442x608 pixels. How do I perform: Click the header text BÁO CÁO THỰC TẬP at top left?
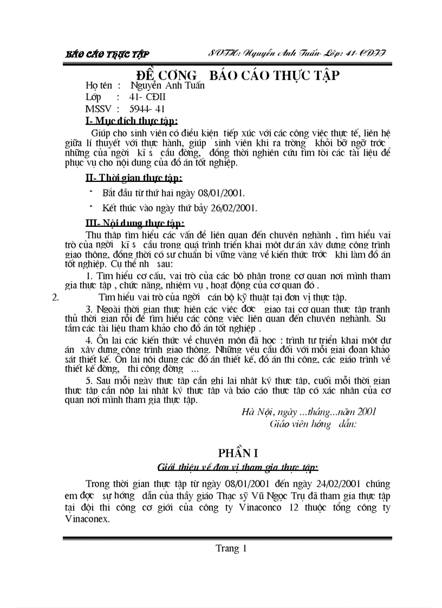tap(107, 54)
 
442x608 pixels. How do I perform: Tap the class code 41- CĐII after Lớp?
tap(147, 97)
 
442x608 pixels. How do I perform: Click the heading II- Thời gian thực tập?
tap(134, 178)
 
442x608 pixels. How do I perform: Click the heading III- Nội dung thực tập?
tap(135, 223)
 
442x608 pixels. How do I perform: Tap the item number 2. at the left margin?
tap(54, 297)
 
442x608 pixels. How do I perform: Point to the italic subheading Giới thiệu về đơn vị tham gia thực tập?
tap(237, 467)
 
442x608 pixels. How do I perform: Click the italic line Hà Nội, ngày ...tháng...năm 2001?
tap(309, 411)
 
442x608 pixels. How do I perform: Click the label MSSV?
tap(98, 109)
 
